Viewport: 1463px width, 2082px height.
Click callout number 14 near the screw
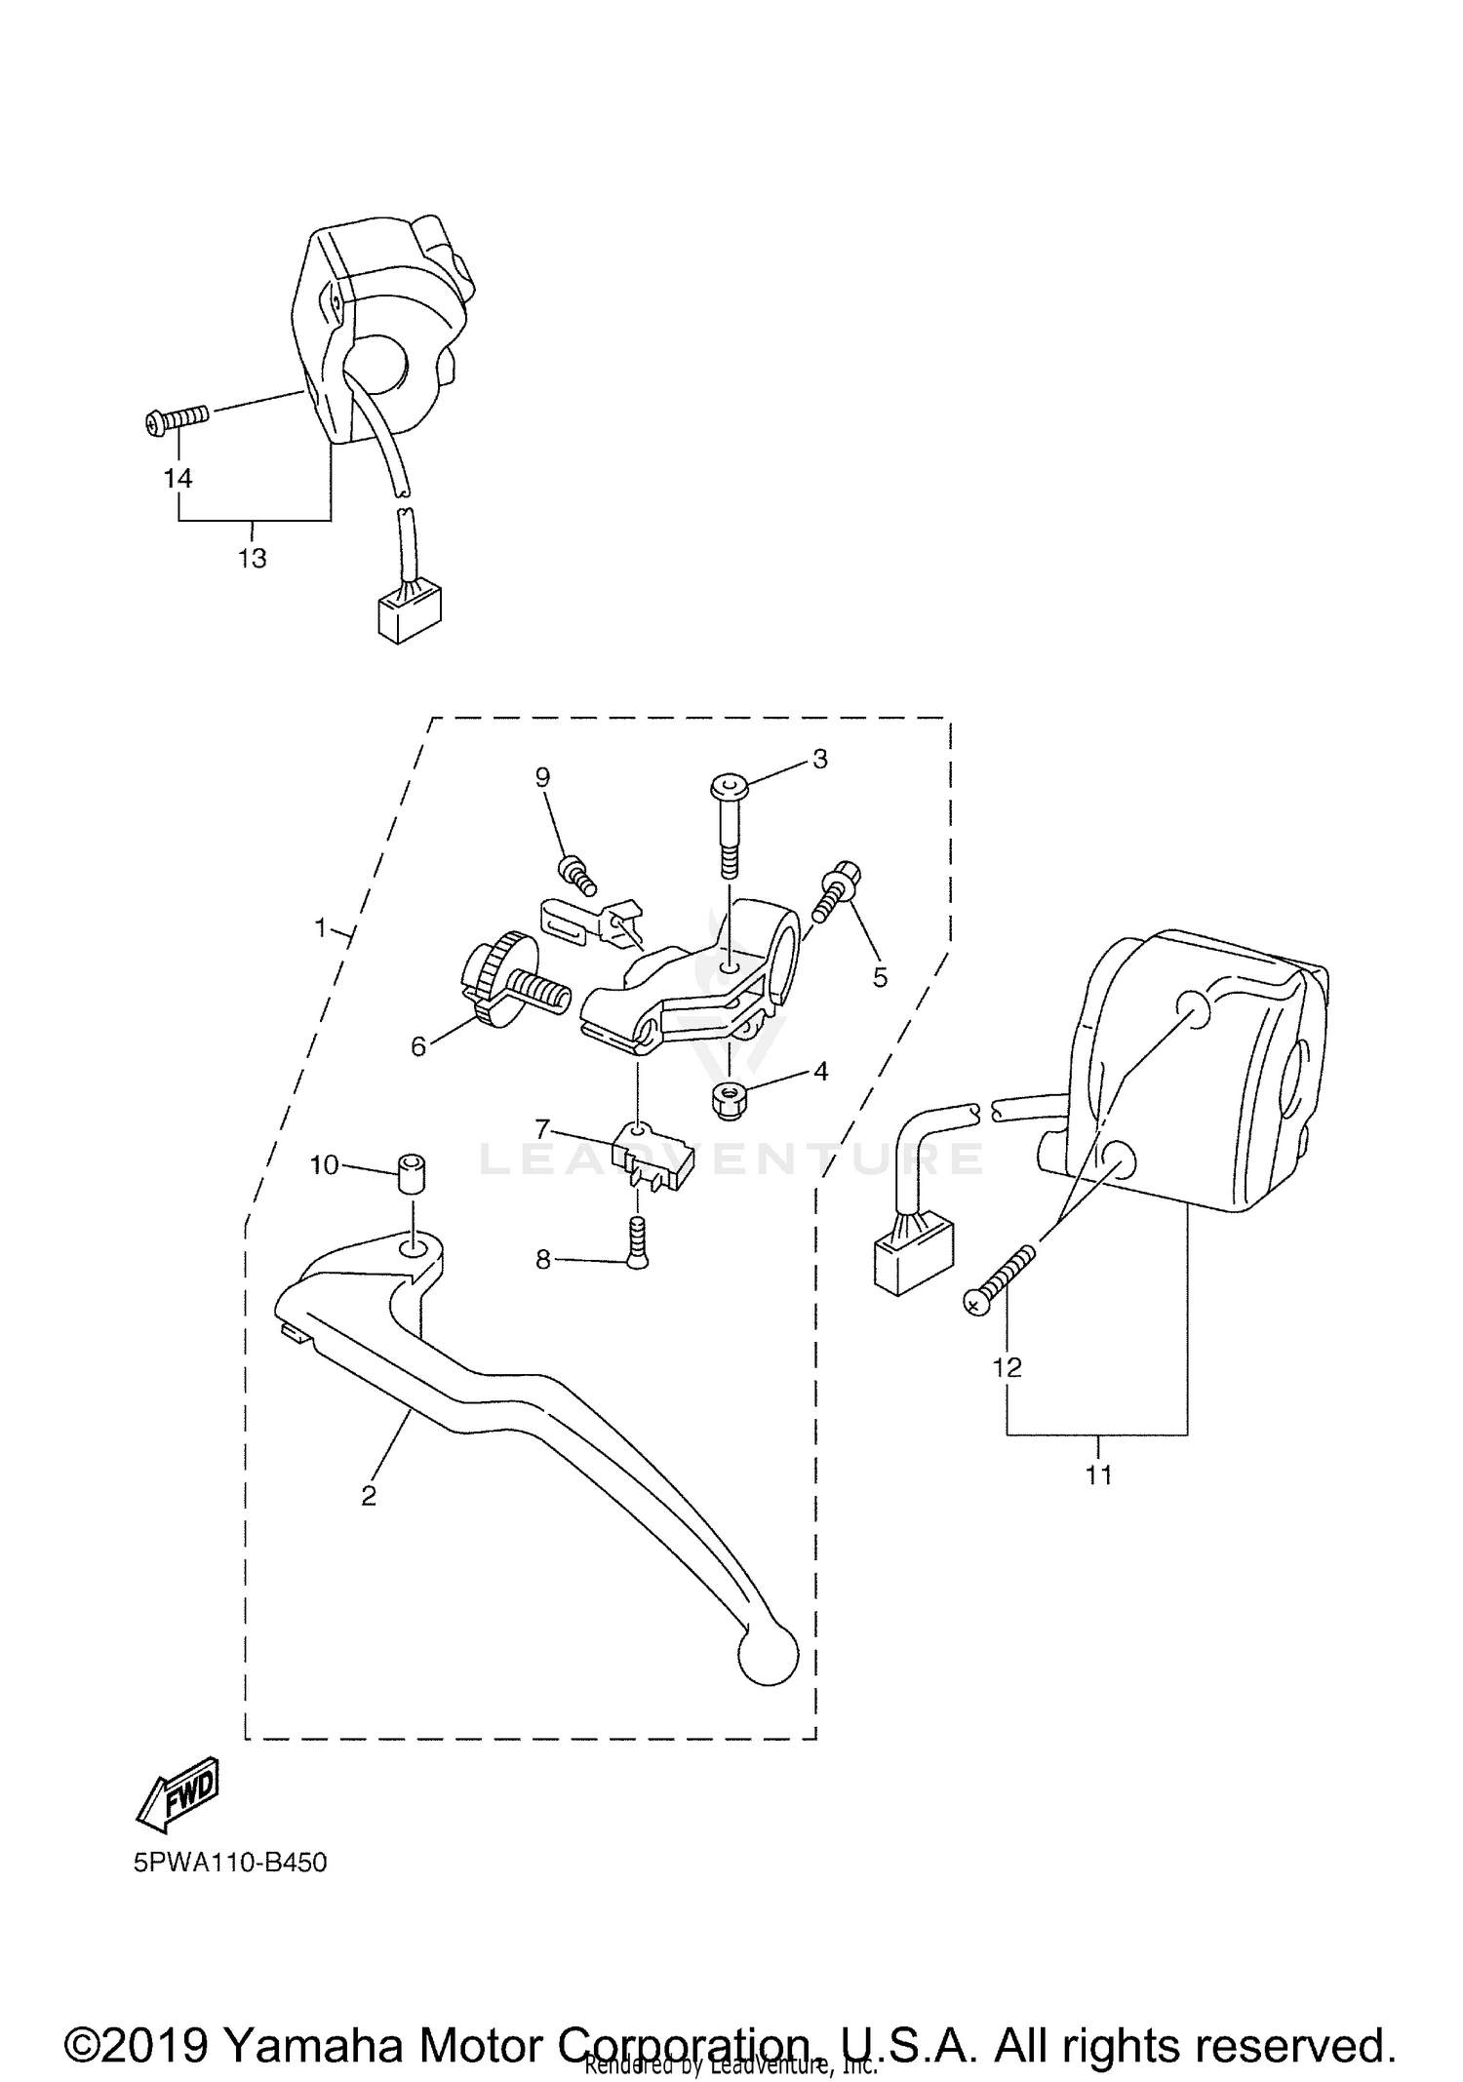178,478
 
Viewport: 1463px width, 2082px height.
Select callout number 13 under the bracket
253,559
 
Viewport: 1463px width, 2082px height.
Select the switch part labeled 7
650,1158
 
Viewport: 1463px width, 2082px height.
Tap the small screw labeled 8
637,1243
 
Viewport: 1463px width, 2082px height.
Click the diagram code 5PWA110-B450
231,1864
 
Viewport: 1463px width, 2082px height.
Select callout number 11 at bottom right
1098,1475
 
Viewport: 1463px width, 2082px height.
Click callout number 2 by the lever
369,1497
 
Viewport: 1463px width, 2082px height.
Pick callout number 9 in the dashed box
542,777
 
